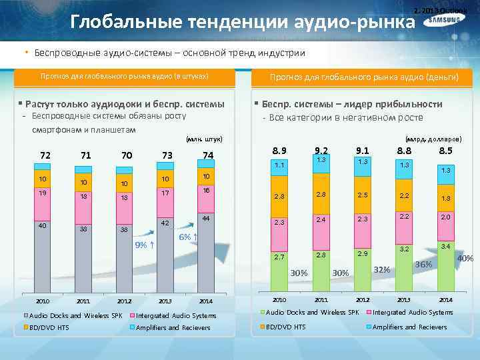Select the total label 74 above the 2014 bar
click(209, 155)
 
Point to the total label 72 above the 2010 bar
click(45, 155)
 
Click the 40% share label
click(465, 258)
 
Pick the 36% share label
click(424, 264)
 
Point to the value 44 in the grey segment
click(207, 219)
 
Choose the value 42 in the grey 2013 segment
click(165, 223)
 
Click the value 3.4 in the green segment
click(445, 246)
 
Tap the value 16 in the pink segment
click(207, 190)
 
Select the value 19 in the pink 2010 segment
click(43, 193)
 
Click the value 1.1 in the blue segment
click(279, 164)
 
